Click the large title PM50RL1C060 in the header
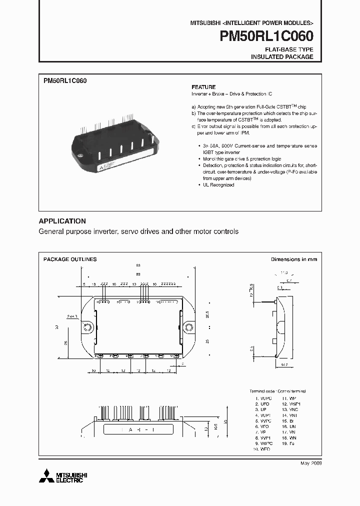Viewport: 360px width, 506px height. (266, 36)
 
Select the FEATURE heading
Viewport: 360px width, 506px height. (203, 87)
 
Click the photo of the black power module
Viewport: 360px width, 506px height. (115, 142)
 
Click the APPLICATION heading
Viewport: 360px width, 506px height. (62, 221)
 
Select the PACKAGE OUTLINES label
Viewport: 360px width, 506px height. (70, 259)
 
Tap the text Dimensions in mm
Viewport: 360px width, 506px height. (293, 259)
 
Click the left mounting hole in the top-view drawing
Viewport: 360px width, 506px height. (87, 327)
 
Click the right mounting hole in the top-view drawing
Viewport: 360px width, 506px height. (189, 327)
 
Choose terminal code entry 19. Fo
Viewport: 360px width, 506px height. (286, 443)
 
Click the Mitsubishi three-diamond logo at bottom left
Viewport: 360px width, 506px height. (45, 475)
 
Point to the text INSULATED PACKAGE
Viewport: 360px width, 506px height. (282, 57)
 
